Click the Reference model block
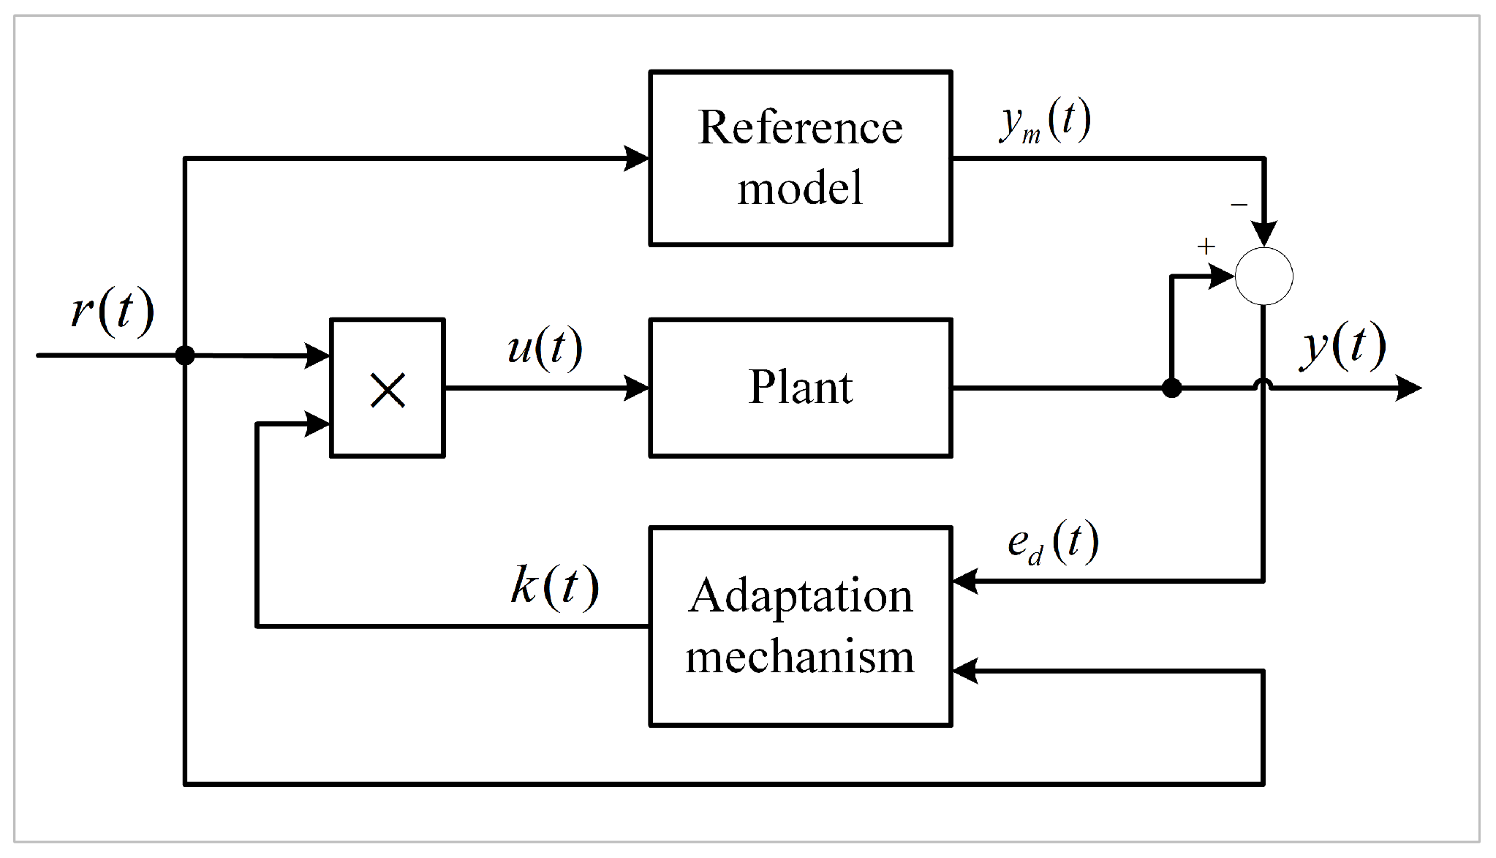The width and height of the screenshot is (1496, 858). click(x=800, y=158)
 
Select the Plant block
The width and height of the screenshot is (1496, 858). click(x=800, y=388)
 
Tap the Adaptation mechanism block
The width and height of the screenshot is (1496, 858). click(x=800, y=626)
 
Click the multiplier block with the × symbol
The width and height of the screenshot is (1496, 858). click(x=388, y=388)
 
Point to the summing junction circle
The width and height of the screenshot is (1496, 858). click(x=1263, y=276)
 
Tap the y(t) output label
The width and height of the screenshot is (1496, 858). click(x=1343, y=345)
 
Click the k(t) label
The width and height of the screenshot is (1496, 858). click(x=555, y=586)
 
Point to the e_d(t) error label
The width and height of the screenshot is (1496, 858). click(x=1053, y=543)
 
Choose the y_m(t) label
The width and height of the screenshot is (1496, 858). click(x=1046, y=121)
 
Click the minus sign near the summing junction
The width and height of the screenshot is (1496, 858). click(x=1239, y=205)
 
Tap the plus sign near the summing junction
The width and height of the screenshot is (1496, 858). click(x=1206, y=247)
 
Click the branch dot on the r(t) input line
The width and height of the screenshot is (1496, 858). click(x=185, y=355)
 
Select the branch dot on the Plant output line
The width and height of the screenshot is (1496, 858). click(x=1171, y=388)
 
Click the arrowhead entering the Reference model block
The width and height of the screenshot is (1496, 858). click(x=635, y=158)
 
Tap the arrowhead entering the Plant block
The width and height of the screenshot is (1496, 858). click(x=635, y=388)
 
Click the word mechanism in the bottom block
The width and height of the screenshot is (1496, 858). click(x=800, y=656)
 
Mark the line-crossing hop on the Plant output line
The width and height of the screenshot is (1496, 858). click(x=1263, y=384)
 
